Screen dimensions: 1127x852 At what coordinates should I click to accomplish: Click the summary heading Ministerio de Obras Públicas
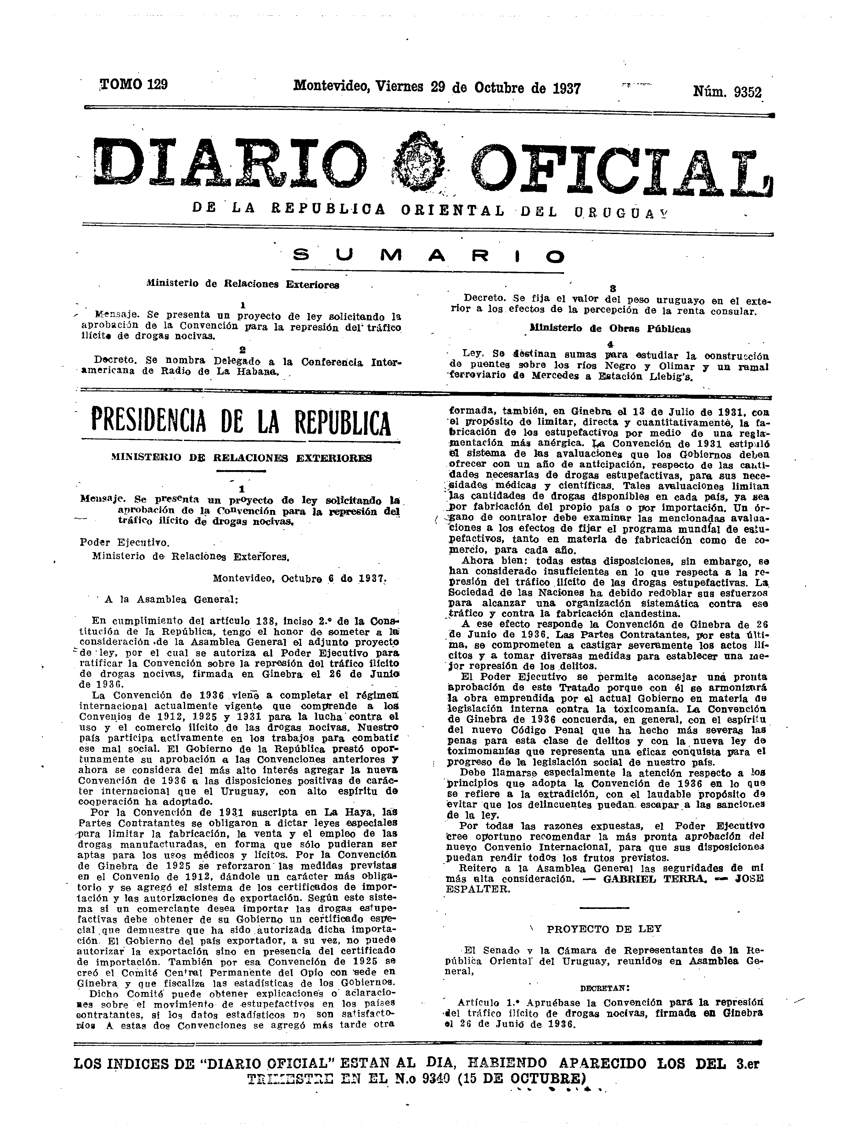(x=610, y=329)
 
